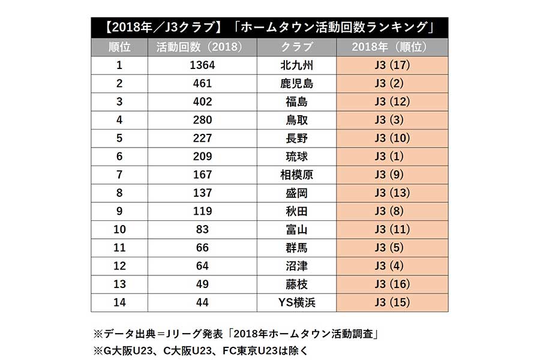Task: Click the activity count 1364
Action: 202,65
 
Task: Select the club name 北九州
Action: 296,65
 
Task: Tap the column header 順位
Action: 119,47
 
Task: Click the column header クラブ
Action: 296,47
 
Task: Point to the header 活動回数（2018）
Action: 202,47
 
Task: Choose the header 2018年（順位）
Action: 392,47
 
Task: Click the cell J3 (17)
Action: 392,65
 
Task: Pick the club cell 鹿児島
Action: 296,83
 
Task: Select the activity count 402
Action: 202,102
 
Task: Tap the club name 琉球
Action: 296,157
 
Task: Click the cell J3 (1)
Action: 392,157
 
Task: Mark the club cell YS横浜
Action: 296,302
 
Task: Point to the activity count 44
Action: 202,302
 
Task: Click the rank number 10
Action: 119,229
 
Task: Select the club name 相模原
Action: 296,175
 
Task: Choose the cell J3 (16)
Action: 392,284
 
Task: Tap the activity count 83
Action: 202,229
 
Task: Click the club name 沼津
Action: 296,266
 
